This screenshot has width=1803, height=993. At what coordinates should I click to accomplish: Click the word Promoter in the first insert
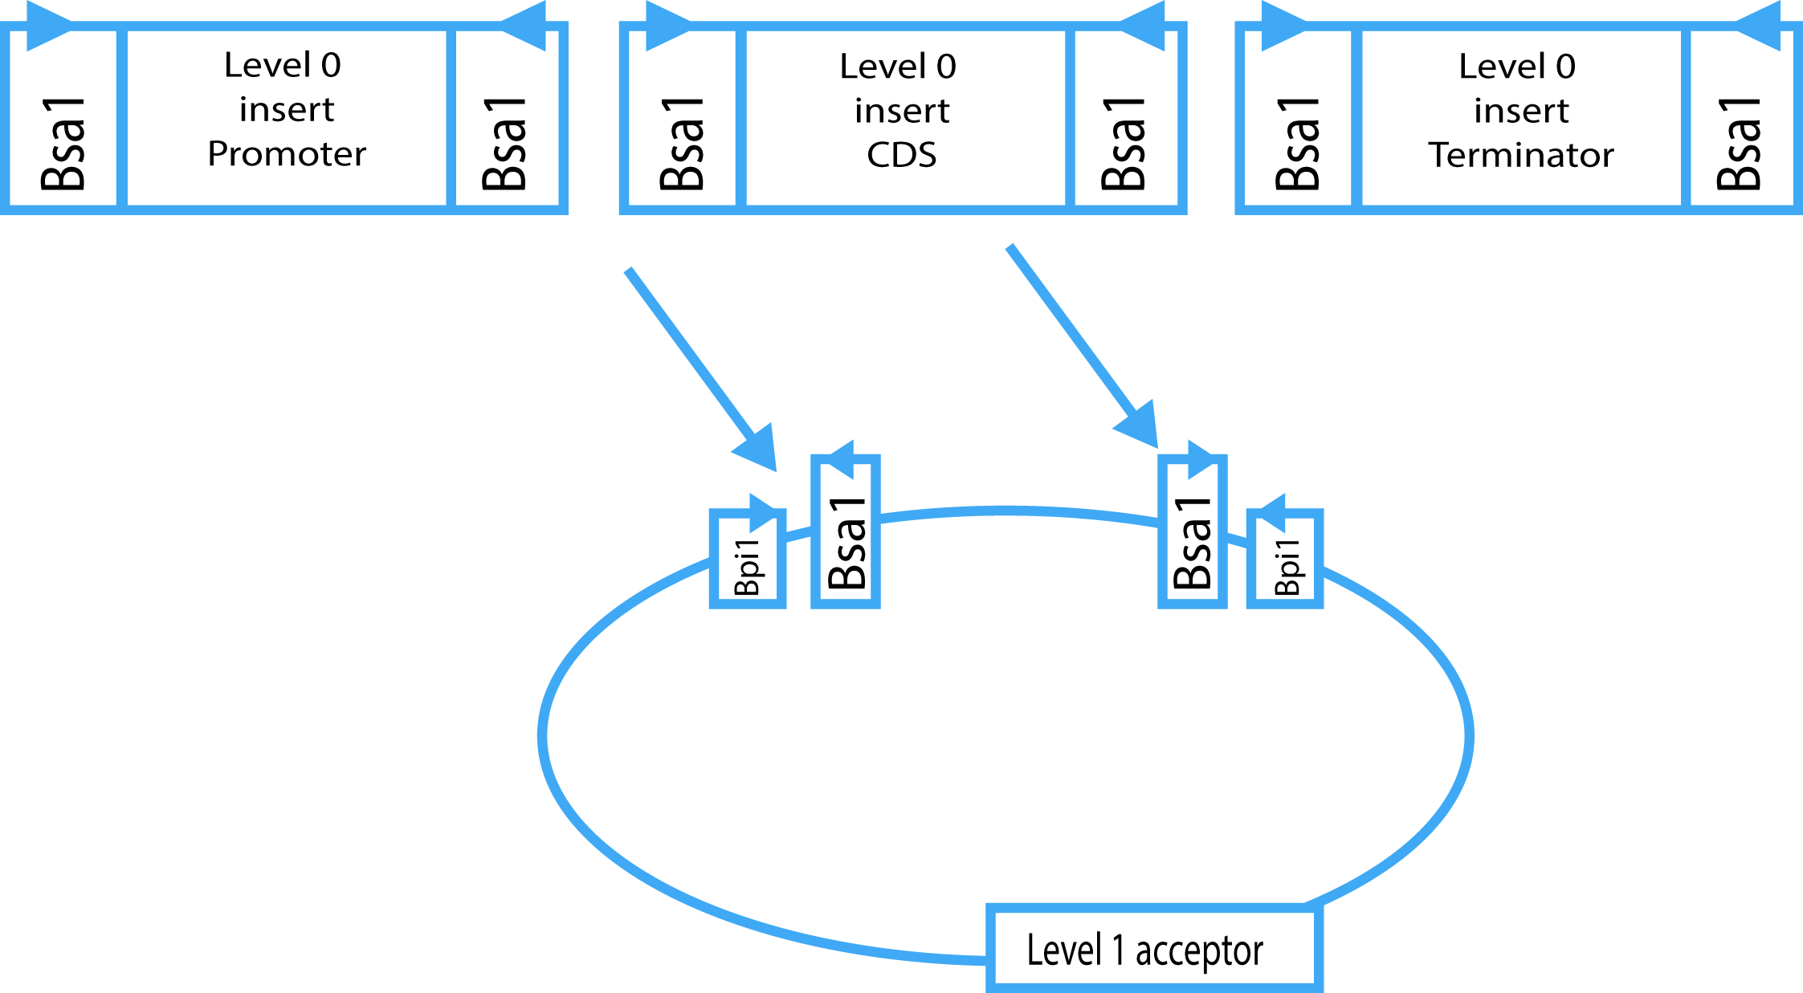287,154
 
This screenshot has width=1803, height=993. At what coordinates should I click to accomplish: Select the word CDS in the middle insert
901,155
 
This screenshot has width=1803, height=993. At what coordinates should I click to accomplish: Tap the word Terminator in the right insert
1520,155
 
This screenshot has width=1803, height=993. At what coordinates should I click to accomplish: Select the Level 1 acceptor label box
1153,948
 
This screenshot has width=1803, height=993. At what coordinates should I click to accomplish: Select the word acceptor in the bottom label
1198,951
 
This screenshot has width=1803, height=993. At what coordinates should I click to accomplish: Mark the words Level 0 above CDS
898,67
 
